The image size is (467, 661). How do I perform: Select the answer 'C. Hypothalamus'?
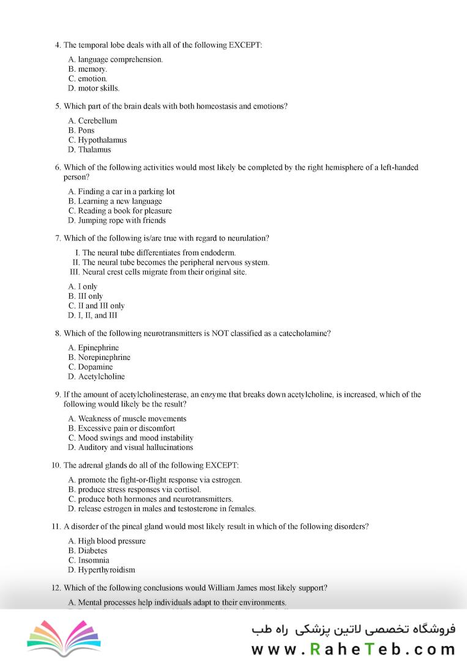click(x=97, y=140)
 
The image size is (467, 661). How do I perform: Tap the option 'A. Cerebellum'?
click(x=92, y=121)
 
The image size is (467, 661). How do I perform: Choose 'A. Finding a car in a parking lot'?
click(x=121, y=192)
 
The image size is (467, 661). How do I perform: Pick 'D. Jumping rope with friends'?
click(x=117, y=220)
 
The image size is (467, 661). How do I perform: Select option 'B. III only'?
click(x=86, y=296)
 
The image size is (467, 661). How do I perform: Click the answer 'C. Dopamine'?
click(x=91, y=367)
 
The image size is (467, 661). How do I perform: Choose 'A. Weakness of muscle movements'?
click(x=127, y=419)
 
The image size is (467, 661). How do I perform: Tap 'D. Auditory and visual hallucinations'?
click(x=131, y=447)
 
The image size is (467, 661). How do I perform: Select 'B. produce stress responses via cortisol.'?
click(x=135, y=490)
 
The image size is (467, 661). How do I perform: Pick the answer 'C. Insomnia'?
click(x=89, y=560)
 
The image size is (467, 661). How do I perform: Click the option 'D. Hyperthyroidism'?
click(x=102, y=570)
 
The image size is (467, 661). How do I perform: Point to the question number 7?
click(x=58, y=238)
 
